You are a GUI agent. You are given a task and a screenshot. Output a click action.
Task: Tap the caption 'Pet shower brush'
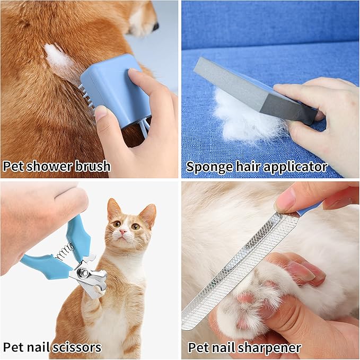coord(57,166)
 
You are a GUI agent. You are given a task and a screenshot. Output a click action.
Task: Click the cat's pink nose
coord(122,232)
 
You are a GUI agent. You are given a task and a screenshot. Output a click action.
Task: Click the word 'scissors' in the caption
coord(77,347)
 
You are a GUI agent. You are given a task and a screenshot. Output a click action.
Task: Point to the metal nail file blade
coord(239,265)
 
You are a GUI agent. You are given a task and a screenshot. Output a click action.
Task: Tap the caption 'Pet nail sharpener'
coord(244,348)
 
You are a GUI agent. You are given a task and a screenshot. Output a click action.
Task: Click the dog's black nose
coord(155,25)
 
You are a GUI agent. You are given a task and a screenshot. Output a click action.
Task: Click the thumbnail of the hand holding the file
coord(285,200)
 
